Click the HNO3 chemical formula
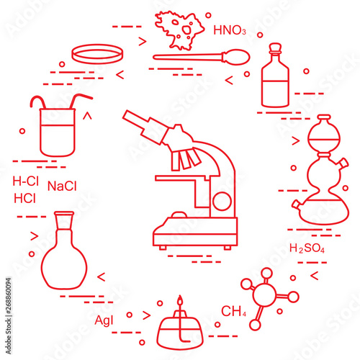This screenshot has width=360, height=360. coord(230,30)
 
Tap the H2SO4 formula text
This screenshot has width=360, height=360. coord(307,248)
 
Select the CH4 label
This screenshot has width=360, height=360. coord(233,311)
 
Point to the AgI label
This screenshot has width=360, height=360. coord(104,320)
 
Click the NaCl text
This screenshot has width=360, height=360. coord(62,186)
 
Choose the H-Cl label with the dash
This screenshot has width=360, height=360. coord(25,181)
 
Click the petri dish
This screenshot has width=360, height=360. coord(98,54)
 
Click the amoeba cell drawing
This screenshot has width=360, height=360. coord(179,30)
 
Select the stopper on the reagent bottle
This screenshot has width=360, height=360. coord(275,47)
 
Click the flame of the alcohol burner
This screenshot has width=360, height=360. coord(180,300)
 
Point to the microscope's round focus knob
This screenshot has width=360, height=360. coord(222,201)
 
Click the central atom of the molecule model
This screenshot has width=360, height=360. coord(264,295)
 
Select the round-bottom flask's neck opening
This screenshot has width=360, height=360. coord(64,213)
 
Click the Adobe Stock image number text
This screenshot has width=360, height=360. coord(9,316)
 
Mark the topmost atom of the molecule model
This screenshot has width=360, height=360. coord(266,274)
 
